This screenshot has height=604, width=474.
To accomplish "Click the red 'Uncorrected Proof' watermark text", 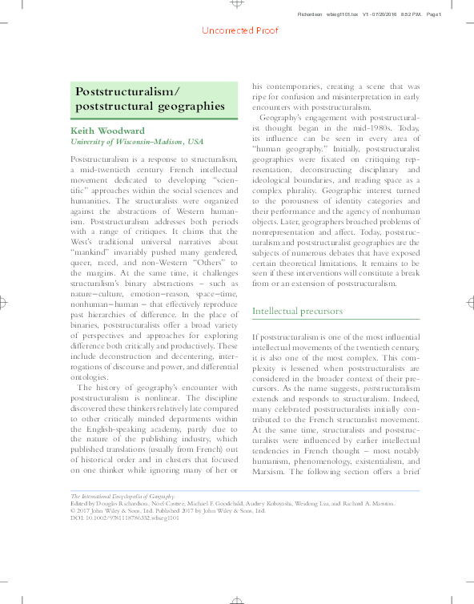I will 239,30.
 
